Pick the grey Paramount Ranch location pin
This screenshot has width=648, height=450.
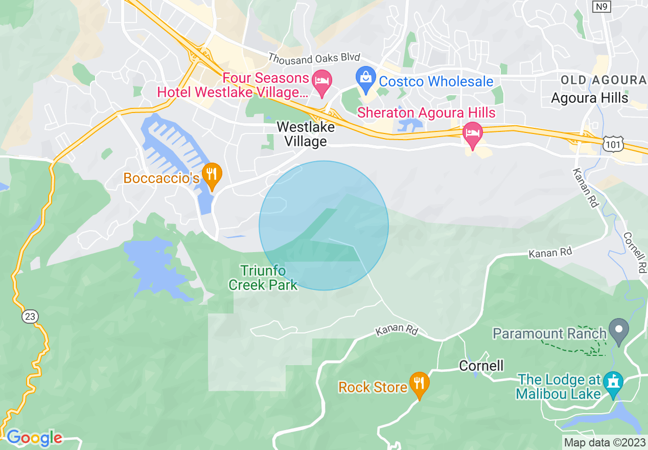tap(619, 332)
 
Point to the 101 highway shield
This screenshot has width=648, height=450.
tap(611, 145)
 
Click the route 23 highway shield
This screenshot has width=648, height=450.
tap(30, 317)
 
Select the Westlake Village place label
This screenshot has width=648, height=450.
tap(306, 134)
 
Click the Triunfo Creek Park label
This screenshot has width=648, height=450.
tap(263, 278)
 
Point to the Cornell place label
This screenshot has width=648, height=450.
tap(481, 366)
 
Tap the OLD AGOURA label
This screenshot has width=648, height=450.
tap(604, 80)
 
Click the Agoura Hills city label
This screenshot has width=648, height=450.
tap(590, 98)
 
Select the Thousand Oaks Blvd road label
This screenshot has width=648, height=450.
tap(314, 58)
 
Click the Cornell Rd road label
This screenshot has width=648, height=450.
tap(634, 253)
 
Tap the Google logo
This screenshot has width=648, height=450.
tap(34, 438)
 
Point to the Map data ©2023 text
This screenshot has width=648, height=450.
tap(605, 442)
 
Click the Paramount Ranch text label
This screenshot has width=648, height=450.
tap(549, 334)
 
